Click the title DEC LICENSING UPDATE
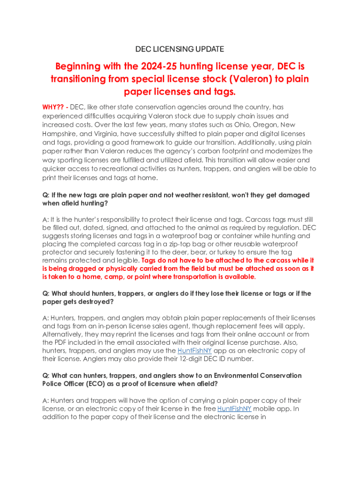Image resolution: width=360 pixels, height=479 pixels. [x=180, y=49]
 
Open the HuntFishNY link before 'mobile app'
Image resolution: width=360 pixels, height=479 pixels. [x=235, y=408]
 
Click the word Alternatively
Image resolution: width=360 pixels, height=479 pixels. [x=63, y=334]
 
